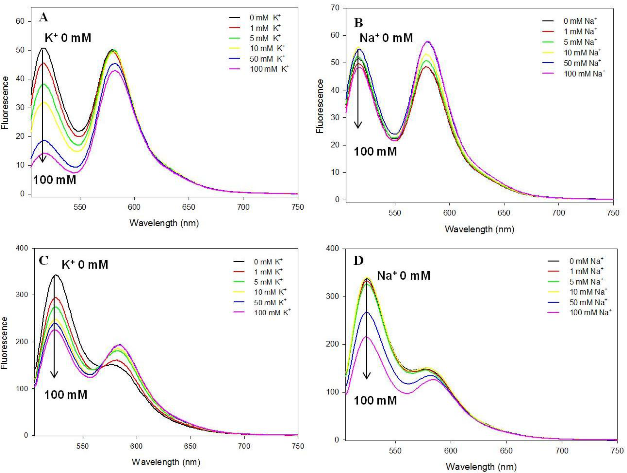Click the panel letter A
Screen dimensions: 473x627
[x=43, y=18]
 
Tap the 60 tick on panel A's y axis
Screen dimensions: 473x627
[x=20, y=22]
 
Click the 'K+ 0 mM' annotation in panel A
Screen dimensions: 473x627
[x=68, y=38]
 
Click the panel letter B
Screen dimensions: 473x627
[x=359, y=23]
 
